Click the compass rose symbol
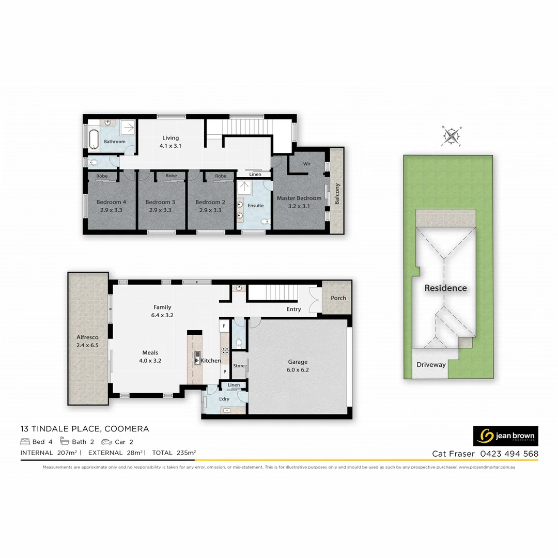452,136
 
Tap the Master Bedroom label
299,198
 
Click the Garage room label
297,362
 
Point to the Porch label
338,298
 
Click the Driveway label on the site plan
431,365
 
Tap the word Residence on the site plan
445,288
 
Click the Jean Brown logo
505,436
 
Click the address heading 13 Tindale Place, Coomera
85,429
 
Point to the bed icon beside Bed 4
25,442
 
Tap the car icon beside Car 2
106,442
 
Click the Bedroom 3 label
160,202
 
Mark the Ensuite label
255,206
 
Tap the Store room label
239,366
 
